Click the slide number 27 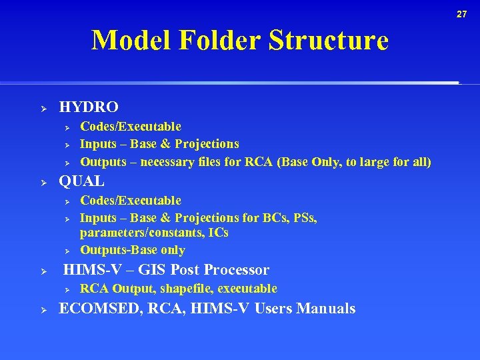click(462, 14)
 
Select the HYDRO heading click(89, 107)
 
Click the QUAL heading click(82, 181)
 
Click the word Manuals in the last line click(326, 309)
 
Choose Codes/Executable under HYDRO click(131, 127)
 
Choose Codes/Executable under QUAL click(131, 201)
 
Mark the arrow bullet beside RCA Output click(66, 289)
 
